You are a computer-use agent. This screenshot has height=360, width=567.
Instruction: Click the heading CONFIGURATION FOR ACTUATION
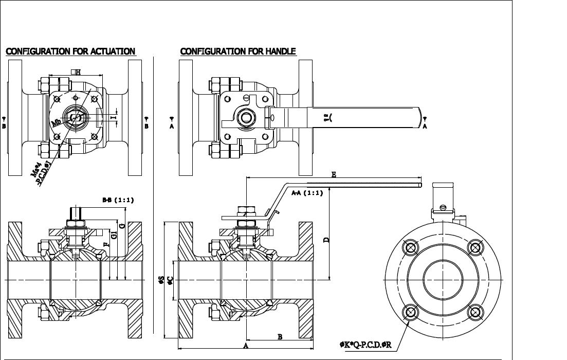coord(70,51)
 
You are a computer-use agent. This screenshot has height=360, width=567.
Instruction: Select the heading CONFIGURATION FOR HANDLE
coord(238,51)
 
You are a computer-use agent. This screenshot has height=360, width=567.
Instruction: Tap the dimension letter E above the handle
coord(334,175)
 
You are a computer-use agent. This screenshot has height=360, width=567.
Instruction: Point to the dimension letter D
coord(326,239)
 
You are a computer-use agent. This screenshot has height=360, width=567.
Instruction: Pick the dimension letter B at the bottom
coord(280,337)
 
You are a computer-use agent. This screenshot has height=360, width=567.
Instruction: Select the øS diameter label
coord(161,280)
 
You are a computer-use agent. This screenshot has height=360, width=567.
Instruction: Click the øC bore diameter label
coord(170,281)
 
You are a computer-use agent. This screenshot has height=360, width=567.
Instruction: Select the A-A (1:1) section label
coord(307,193)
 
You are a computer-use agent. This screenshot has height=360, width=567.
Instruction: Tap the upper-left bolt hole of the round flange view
coord(411,247)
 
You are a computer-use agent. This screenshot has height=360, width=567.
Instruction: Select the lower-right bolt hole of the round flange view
coord(475,312)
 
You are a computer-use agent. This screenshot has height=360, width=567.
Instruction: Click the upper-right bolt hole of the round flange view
coord(475,247)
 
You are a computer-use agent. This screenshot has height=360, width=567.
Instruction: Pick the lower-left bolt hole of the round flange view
coord(411,312)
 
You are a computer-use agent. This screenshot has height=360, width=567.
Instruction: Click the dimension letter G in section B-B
coord(122,226)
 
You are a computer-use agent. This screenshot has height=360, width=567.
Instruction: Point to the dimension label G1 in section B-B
coord(114,234)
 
